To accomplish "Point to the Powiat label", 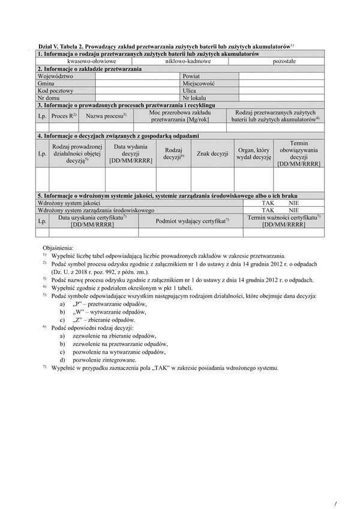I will (x=191, y=77).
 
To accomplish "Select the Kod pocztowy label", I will (x=55, y=91).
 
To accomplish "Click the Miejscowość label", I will (x=199, y=84).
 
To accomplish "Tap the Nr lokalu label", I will (x=194, y=98).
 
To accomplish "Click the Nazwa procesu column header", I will (x=106, y=115).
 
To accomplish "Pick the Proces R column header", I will (x=63, y=115).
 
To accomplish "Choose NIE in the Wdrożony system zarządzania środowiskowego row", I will (x=293, y=211).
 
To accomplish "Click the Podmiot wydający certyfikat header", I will (x=193, y=221).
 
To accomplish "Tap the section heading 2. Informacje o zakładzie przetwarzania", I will (x=89, y=70).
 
